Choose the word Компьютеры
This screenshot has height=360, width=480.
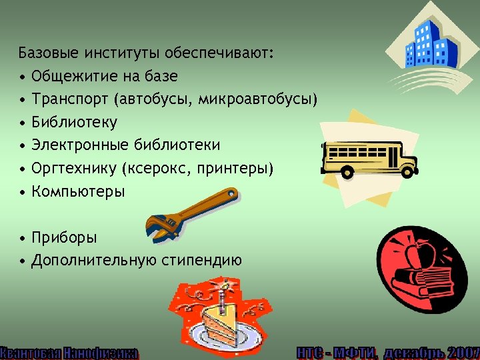[x=77, y=192]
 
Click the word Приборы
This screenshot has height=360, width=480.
[x=64, y=237]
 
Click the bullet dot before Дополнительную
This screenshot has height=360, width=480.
[x=23, y=261]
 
